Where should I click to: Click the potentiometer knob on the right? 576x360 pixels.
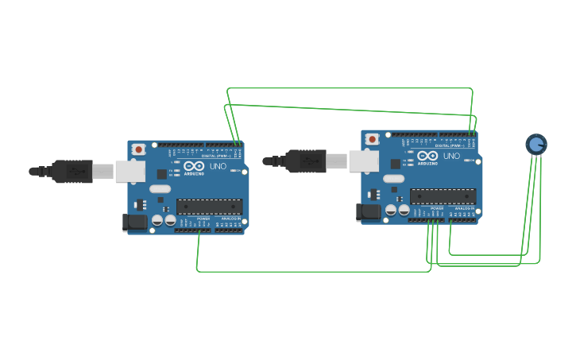click(x=536, y=144)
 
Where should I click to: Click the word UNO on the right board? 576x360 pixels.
click(x=451, y=156)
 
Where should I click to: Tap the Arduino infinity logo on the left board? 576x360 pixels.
click(x=194, y=167)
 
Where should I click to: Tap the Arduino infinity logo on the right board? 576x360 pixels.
click(x=427, y=157)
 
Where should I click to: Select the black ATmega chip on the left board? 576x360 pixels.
click(x=209, y=207)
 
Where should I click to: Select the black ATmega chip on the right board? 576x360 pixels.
click(x=443, y=196)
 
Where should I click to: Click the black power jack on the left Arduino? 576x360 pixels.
click(x=135, y=222)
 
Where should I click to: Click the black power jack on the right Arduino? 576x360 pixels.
click(x=369, y=211)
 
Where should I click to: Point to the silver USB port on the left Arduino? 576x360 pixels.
click(x=130, y=171)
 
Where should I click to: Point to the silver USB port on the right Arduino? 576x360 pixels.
click(x=364, y=161)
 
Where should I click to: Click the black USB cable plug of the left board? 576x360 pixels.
click(x=72, y=171)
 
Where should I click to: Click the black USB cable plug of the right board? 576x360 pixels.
click(x=306, y=161)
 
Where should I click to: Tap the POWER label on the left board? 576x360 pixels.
click(x=203, y=219)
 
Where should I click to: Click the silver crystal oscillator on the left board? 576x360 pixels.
click(x=160, y=189)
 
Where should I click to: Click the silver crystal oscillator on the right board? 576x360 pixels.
click(x=393, y=179)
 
